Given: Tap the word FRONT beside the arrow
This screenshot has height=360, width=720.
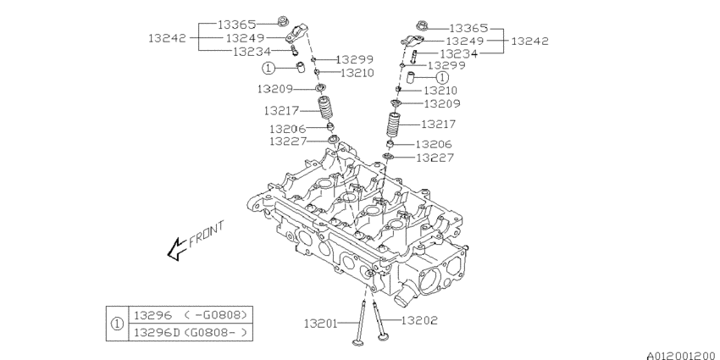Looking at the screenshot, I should pos(206,233).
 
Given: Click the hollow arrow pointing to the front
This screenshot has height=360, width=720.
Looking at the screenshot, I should pos(176,247).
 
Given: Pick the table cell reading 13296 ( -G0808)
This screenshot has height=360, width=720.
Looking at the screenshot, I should pos(189,315).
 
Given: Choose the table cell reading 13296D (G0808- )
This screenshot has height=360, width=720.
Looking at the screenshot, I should pos(189,332).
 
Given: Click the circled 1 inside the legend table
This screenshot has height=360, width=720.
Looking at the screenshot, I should pos(116,324).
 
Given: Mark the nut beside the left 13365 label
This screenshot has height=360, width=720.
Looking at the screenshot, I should pos(284,21).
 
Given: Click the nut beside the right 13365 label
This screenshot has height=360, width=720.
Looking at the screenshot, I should pos(424,25).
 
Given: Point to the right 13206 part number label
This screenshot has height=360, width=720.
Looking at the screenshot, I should pos(435,145).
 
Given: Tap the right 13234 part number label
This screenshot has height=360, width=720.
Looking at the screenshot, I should pos(458,53).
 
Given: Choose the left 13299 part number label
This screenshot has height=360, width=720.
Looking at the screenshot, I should pos(355,60).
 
